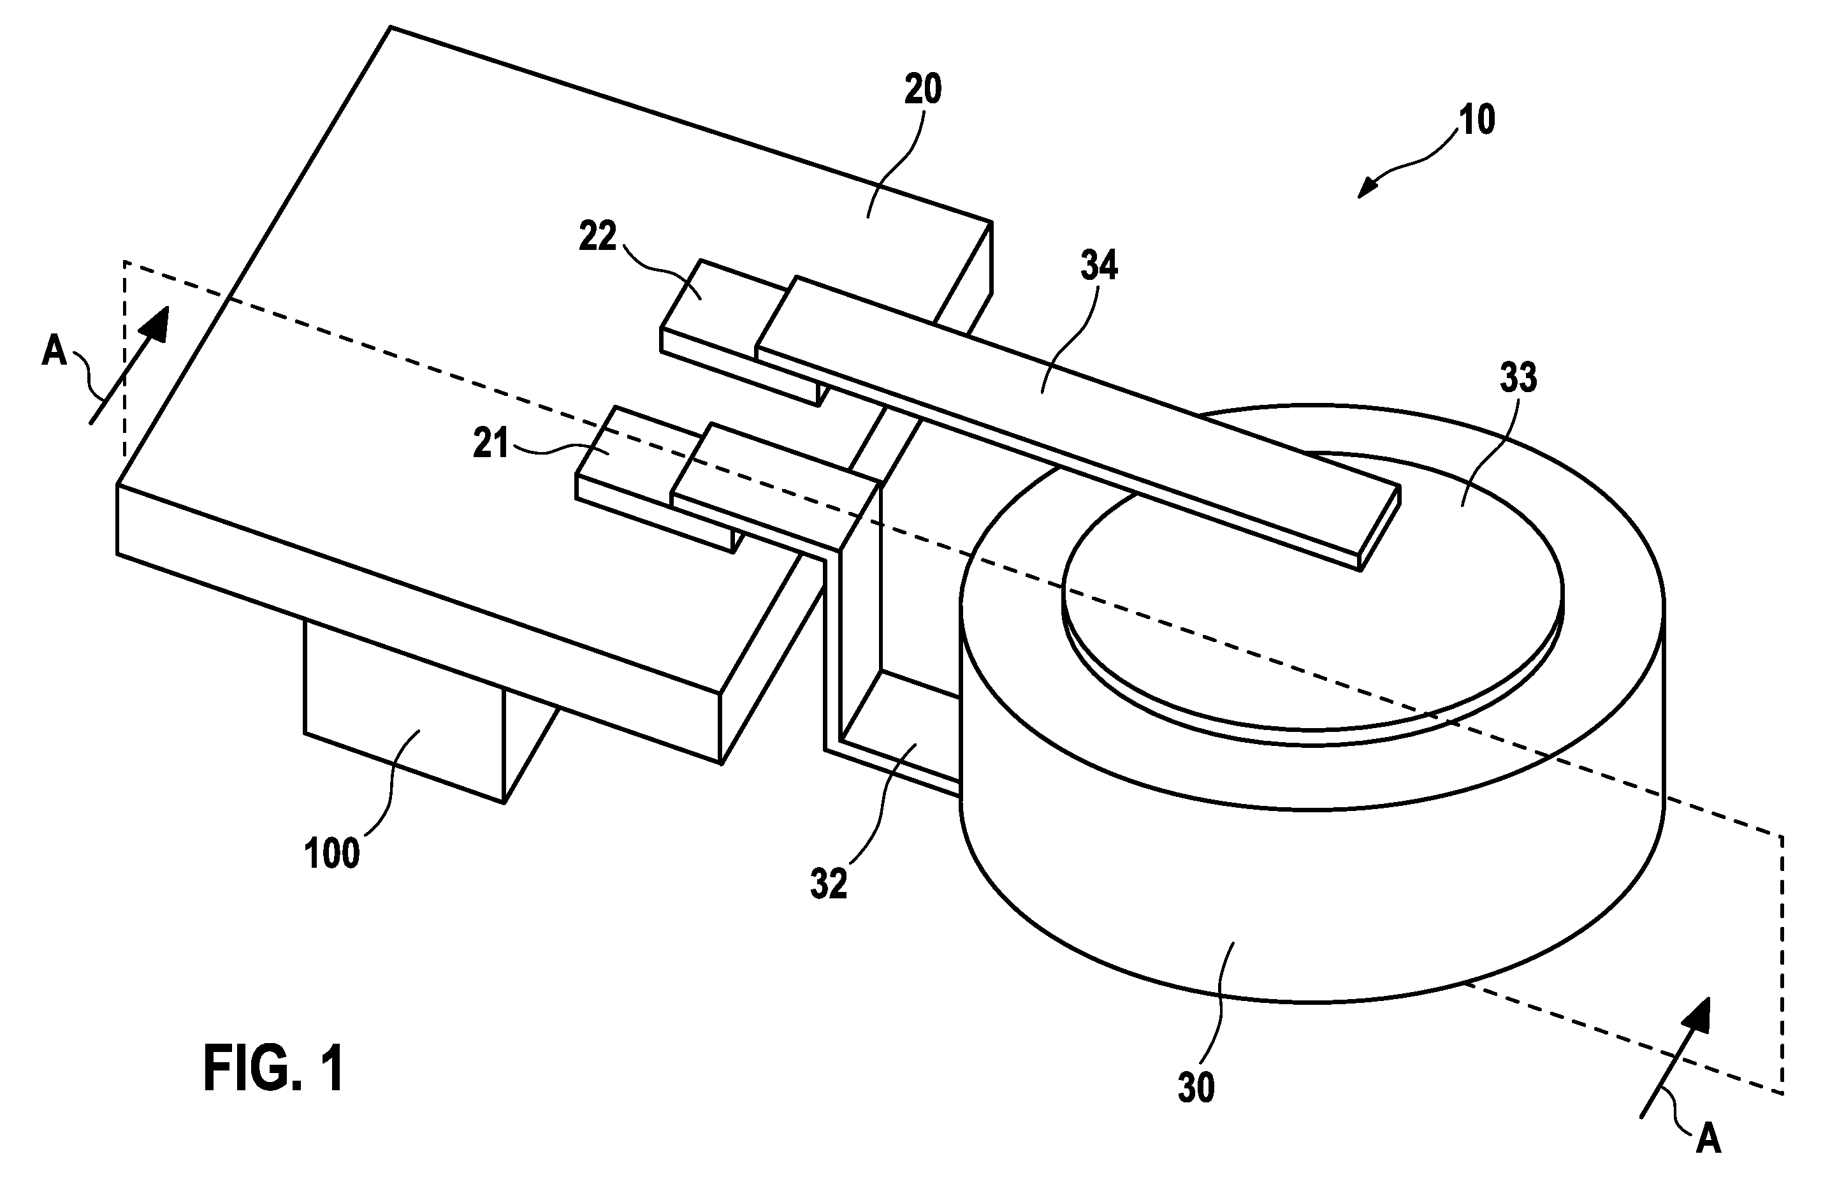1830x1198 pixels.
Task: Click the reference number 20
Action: tap(923, 90)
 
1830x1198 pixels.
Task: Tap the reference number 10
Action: tap(1476, 121)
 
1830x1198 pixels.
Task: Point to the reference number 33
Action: tap(1518, 377)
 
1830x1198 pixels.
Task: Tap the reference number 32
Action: tap(829, 884)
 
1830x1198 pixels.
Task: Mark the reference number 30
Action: tap(1196, 1088)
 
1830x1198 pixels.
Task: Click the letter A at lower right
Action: tap(1708, 1139)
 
